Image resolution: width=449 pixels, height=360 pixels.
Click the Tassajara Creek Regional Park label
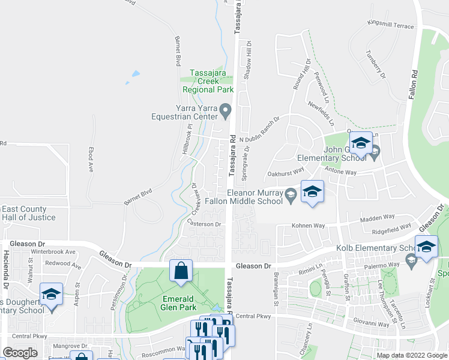[211, 81]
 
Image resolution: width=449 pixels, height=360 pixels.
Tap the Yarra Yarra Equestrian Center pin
[225, 110]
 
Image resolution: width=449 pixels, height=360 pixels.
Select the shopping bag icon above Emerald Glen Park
[181, 271]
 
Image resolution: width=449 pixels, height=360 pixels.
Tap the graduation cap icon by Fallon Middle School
[312, 193]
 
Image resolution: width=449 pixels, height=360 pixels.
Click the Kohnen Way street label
[308, 226]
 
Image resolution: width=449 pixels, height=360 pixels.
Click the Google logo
[20, 353]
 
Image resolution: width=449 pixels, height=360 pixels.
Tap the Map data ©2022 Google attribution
[411, 355]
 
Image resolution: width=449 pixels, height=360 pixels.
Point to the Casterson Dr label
[205, 224]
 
